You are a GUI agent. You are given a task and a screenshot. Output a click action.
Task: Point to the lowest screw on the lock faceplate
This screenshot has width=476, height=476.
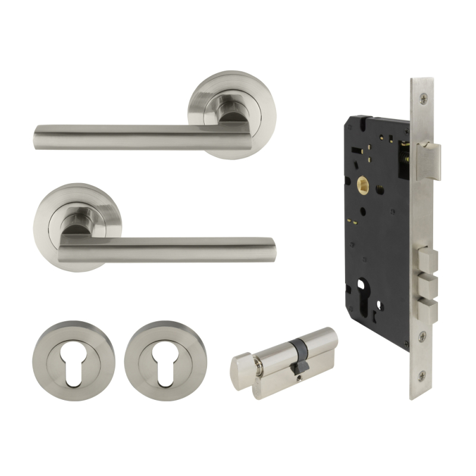click(421, 375)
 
